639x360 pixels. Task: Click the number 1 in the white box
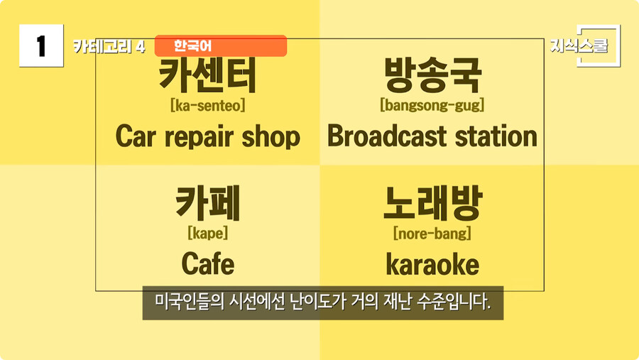coord(41,46)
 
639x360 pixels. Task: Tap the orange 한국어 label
coord(193,46)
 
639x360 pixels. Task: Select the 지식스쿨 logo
coord(579,46)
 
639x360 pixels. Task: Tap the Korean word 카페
coord(207,203)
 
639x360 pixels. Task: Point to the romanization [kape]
coord(207,232)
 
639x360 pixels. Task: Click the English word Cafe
coord(207,264)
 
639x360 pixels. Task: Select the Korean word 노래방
coord(432,203)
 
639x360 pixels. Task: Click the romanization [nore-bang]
coord(432,232)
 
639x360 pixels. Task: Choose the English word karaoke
coord(432,265)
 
